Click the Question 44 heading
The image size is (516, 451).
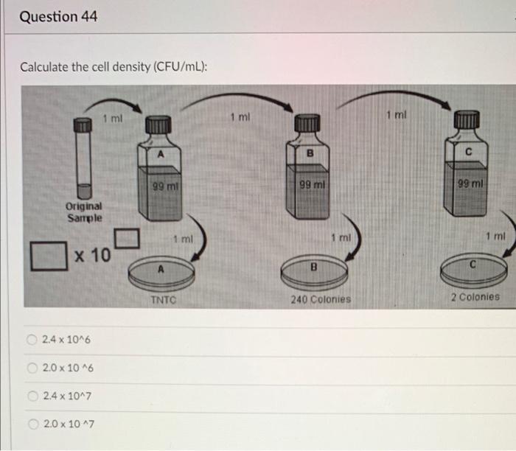58,16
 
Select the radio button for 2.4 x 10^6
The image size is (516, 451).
32,340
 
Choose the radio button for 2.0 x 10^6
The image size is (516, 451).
32,368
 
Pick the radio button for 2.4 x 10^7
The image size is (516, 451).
32,396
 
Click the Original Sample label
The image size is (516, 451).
85,213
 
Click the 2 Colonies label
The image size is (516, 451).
474,298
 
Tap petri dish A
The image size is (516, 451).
161,273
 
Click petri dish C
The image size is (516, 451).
473,270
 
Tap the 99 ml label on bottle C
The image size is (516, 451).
469,182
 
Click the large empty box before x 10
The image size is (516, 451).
46,256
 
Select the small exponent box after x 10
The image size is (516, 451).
127,238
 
